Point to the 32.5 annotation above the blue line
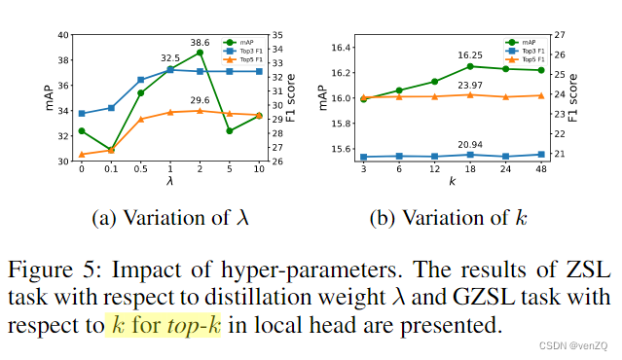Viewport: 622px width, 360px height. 171,59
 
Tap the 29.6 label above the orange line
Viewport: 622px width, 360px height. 201,100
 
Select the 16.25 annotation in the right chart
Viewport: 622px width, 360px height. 470,55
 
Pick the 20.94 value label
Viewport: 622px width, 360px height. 470,144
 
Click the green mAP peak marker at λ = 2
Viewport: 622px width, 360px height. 200,53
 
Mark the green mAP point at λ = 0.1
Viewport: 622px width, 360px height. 111,149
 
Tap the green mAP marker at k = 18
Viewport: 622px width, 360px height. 470,66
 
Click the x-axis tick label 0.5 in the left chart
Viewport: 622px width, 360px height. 141,168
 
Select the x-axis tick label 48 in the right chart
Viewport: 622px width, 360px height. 541,168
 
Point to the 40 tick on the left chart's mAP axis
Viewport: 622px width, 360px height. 63,35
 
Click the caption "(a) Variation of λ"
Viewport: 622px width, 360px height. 170,218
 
